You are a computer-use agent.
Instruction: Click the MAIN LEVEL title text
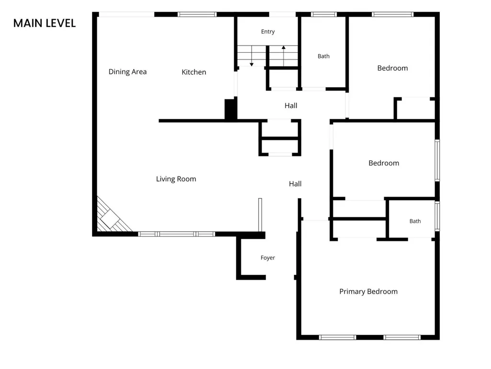pos(45,23)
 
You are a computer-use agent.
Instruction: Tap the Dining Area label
pos(127,72)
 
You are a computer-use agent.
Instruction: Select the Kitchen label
pos(194,72)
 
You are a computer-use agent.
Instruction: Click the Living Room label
pos(176,179)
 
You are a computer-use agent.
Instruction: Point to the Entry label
pos(268,32)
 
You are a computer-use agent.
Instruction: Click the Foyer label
pos(268,258)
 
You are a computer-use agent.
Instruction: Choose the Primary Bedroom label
pos(368,291)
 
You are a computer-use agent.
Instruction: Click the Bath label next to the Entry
pos(323,56)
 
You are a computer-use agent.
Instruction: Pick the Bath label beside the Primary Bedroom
pos(415,221)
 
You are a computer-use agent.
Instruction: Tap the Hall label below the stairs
pos(291,106)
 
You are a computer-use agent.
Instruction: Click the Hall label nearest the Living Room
pos(295,184)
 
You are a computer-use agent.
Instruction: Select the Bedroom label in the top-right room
pos(393,68)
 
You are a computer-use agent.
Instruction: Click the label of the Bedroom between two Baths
pos(384,163)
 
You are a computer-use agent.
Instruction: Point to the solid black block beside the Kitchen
pos(230,109)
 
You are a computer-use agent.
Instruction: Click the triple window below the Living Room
pos(177,234)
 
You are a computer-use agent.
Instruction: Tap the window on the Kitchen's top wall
pos(197,14)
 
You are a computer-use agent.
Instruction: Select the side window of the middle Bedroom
pos(437,160)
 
